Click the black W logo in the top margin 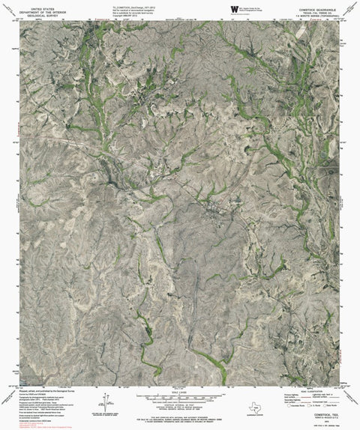point(235,8)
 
